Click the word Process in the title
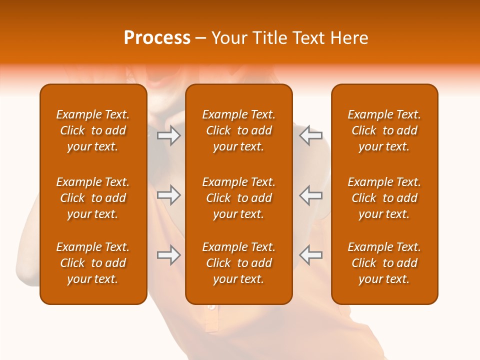click(x=157, y=38)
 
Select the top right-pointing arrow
click(x=168, y=135)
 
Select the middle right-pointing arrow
click(x=168, y=195)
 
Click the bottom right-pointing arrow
click(x=168, y=255)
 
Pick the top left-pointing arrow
click(x=311, y=135)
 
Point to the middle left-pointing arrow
click(x=311, y=195)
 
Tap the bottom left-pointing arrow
click(x=311, y=255)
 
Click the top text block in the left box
click(x=93, y=130)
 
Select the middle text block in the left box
click(x=93, y=198)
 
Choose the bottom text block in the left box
click(x=93, y=263)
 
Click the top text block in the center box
click(x=239, y=130)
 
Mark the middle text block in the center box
click(x=239, y=198)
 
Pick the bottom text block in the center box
click(x=239, y=263)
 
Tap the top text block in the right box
click(x=384, y=130)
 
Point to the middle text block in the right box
click(x=384, y=198)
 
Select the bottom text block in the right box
click(x=384, y=263)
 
